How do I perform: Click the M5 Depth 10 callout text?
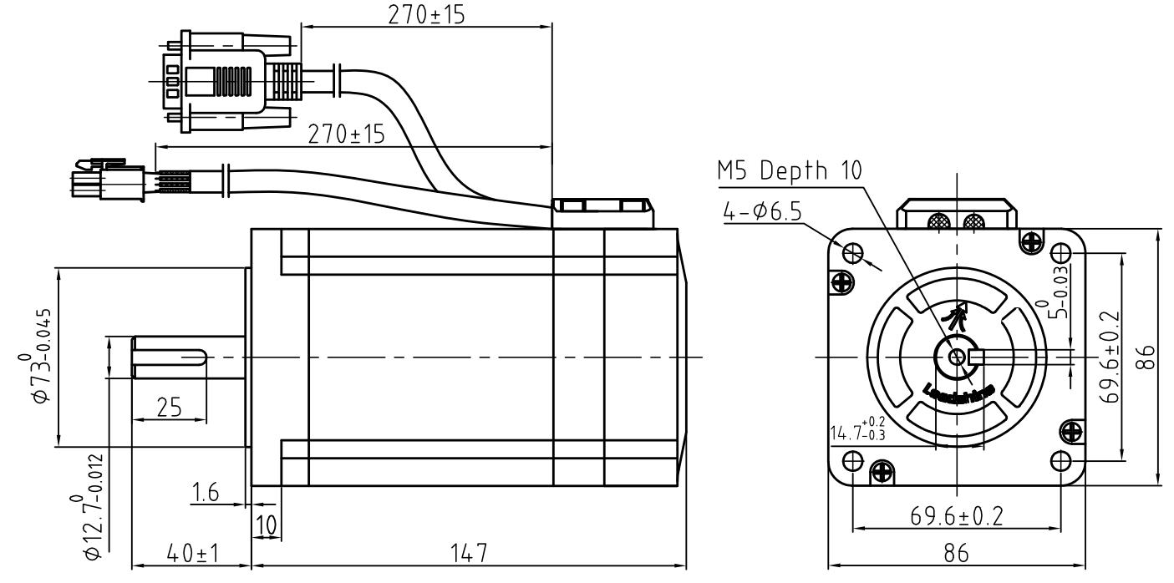coord(790,172)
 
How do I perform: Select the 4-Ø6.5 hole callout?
coord(761,211)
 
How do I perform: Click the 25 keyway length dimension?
coord(169,408)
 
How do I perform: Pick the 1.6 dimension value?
coord(206,493)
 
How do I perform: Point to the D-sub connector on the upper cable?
coord(221,81)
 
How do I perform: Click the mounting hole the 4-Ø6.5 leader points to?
coord(852,251)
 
